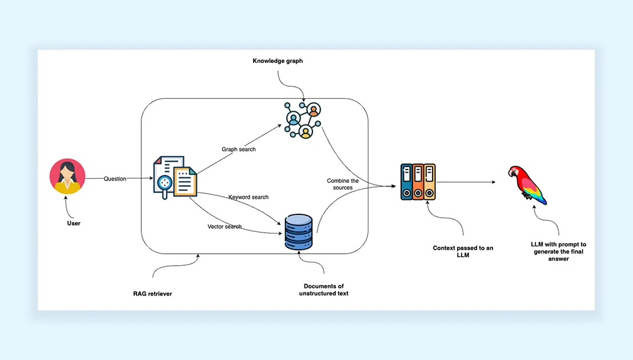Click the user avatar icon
coord(67,177)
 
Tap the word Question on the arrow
coord(115,179)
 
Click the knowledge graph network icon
coord(302,120)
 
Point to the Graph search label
coord(239,150)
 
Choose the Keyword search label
coord(249,197)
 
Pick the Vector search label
coord(225,227)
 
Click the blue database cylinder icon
coord(299,232)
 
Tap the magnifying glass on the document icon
coord(166,183)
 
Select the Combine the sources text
coord(339,184)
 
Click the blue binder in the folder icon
coord(406,182)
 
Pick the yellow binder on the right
coord(430,182)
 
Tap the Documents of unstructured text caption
coord(324,290)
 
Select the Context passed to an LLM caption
coord(463,251)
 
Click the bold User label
coord(74,223)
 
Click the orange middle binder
coord(418,182)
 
